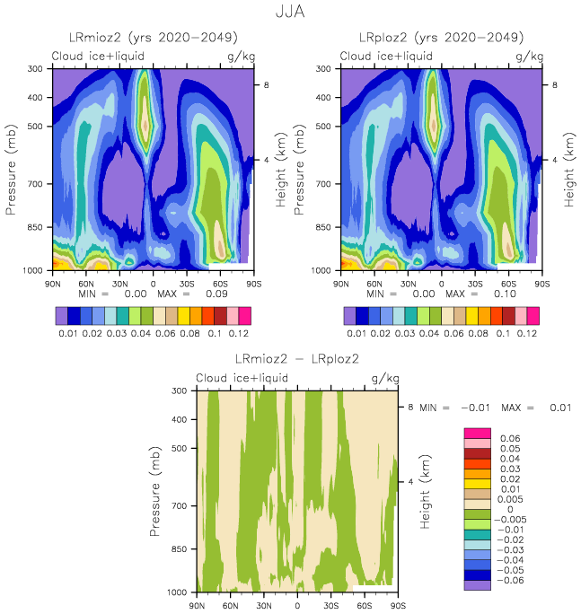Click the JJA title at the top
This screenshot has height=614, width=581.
[x=290, y=13]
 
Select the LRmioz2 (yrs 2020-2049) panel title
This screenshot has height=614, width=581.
[x=153, y=38]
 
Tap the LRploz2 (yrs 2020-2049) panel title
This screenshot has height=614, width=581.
[x=442, y=38]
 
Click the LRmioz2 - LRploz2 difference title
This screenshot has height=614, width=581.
[x=296, y=359]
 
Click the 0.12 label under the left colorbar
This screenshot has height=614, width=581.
[x=237, y=333]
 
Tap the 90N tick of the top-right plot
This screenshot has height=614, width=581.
[x=340, y=283]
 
